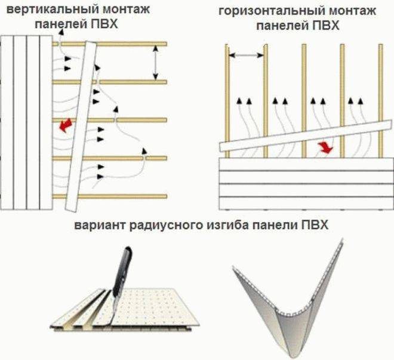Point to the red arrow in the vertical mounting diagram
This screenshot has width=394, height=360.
[x=66, y=125]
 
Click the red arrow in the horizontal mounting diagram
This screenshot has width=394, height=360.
[x=326, y=147]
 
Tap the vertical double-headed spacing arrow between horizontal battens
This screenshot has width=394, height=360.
[x=156, y=63]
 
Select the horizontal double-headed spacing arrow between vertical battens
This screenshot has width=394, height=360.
[x=246, y=55]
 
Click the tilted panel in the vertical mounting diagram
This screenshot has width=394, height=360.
[x=81, y=126]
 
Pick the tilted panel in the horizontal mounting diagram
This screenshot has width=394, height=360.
[x=306, y=136]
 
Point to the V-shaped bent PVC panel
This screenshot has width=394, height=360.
[x=288, y=299]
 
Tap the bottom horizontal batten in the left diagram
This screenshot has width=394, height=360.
[x=110, y=196]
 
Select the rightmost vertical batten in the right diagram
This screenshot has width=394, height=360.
[x=381, y=101]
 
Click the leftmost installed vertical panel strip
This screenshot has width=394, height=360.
[x=7, y=122]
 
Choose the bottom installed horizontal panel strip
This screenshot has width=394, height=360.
[x=306, y=203]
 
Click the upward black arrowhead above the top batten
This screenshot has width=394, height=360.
[x=61, y=32]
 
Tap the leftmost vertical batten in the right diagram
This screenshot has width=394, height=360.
[x=227, y=101]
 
